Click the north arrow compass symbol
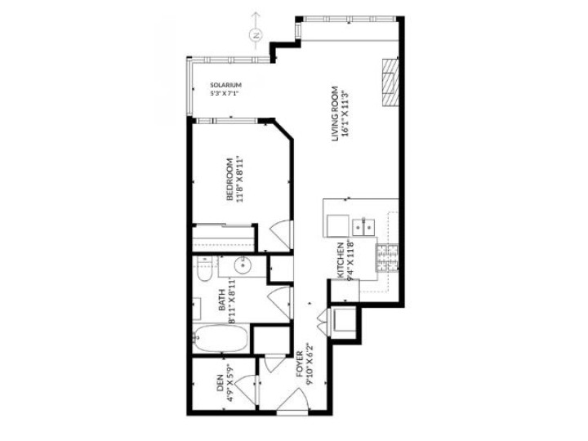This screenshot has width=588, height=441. tap(256, 34)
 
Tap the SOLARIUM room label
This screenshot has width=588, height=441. tap(225, 84)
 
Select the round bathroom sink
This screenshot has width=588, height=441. tap(242, 266)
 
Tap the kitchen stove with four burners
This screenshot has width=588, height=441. tap(385, 258)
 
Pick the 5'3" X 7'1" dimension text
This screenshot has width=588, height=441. tap(225, 93)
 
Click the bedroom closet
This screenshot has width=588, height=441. tap(222, 238)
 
